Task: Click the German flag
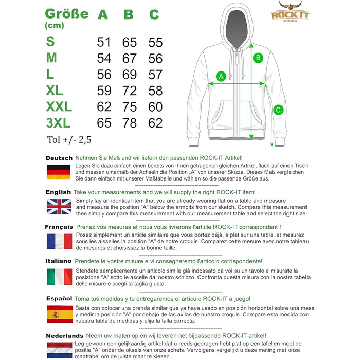tap(59, 172)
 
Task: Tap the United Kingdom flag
tap(59, 207)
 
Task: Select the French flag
tap(59, 241)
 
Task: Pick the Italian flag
tap(59, 277)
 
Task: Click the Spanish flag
tap(59, 314)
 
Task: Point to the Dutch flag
tap(59, 349)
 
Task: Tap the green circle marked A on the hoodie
tap(222, 77)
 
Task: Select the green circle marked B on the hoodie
tap(259, 58)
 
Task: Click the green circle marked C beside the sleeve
tap(278, 110)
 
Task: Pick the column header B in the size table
tap(129, 14)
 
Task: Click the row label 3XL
tap(58, 123)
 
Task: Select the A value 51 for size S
tap(104, 42)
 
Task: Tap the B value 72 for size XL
tap(130, 91)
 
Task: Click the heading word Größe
tap(66, 13)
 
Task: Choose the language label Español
tap(59, 298)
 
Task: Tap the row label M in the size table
tap(51, 58)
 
